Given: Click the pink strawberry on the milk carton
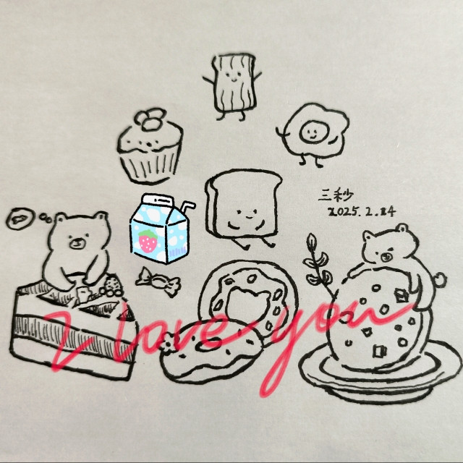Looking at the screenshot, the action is point(148,241).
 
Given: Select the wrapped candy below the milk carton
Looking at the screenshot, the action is point(158,281).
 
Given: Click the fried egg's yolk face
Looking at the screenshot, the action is point(313,132).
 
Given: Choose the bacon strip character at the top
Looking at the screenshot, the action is point(233,86).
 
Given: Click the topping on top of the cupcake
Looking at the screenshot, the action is point(150,119).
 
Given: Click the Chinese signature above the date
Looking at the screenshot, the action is point(336,195).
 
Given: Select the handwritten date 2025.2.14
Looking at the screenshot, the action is point(362,212).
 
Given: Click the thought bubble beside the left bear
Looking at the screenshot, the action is point(21,218).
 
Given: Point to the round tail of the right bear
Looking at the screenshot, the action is point(439,280).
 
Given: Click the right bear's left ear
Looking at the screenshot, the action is point(368,237).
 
